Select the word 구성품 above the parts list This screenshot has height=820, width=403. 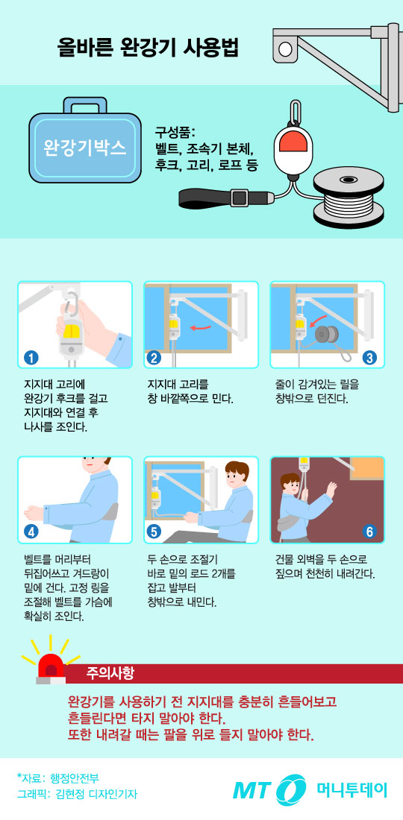pyautogui.click(x=173, y=133)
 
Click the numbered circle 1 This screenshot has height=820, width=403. pyautogui.click(x=31, y=356)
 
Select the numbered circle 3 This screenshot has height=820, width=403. pyautogui.click(x=369, y=356)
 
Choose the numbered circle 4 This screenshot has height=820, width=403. pyautogui.click(x=31, y=532)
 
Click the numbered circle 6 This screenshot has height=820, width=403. pyautogui.click(x=369, y=532)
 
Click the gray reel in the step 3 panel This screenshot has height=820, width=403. pyautogui.click(x=327, y=332)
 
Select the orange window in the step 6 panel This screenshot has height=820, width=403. pyautogui.click(x=366, y=468)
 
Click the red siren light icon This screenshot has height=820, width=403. pyautogui.click(x=51, y=665)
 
